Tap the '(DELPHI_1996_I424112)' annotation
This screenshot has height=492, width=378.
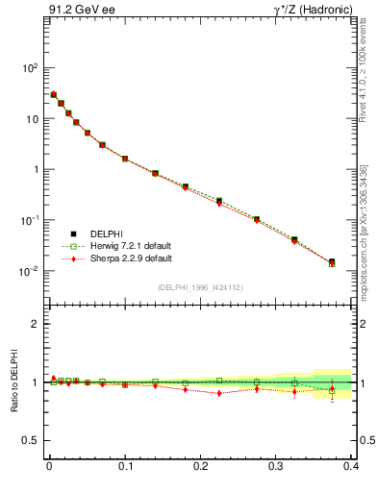[200, 286]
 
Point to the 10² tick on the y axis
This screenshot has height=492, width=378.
[31, 68]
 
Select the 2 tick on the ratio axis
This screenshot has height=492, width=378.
[37, 324]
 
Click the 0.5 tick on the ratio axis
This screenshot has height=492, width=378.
[33, 440]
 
